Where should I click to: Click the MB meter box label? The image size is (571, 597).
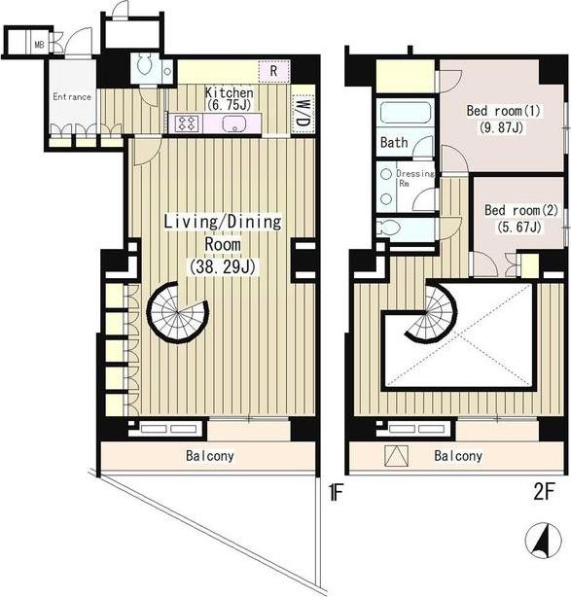(39, 45)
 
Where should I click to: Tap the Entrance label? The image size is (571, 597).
(72, 96)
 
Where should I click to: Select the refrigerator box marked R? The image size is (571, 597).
(274, 71)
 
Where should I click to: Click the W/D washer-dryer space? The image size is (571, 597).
(303, 114)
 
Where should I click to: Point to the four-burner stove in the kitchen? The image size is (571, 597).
(187, 123)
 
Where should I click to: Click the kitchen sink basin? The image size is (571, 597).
(233, 123)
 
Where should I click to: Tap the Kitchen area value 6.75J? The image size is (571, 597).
(229, 105)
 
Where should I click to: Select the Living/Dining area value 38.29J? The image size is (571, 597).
(222, 266)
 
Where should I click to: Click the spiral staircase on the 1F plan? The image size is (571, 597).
(178, 313)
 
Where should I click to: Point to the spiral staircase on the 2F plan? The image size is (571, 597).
(432, 312)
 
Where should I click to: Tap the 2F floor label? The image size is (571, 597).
(543, 492)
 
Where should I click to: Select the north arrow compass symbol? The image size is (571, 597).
(543, 541)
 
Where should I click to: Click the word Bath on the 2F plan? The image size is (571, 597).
(394, 143)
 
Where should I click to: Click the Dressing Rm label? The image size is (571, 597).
(414, 178)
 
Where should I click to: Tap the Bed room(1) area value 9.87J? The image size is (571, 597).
(501, 127)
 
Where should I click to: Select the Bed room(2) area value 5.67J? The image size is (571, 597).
(519, 227)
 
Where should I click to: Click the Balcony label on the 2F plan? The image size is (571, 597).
(458, 456)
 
